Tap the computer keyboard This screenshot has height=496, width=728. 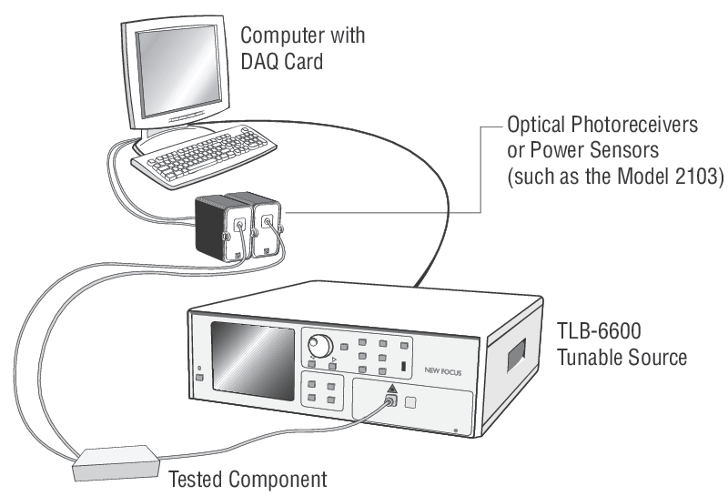pos(195,162)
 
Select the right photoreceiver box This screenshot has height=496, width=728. pos(267,223)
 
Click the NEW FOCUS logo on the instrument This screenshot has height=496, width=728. pos(445,370)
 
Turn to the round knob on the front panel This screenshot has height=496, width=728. pos(319,345)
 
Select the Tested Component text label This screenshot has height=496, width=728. pos(246,478)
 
